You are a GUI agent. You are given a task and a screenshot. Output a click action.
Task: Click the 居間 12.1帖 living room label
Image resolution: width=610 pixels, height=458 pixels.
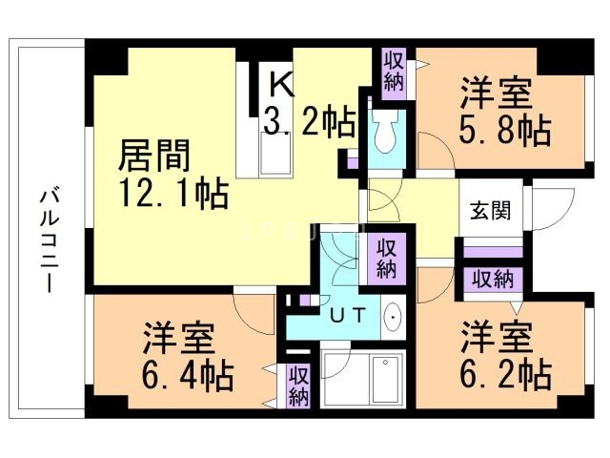click(173, 174)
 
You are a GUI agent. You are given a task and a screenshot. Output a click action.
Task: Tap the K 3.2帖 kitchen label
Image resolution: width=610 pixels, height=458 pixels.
click(310, 104)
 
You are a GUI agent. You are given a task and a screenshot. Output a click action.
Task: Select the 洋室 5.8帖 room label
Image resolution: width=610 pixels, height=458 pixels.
click(505, 112)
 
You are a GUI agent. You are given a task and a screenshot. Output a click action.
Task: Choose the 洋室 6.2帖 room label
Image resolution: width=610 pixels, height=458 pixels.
click(505, 356)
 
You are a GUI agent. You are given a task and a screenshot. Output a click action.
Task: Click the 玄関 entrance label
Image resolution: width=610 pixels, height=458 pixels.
click(490, 211)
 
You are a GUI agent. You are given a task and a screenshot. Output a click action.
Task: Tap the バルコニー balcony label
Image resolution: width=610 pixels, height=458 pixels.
click(50, 241)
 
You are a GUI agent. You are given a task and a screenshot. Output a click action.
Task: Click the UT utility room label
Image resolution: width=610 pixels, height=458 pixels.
click(348, 315)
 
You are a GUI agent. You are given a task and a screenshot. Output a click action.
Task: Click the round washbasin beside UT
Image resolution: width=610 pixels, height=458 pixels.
click(394, 317)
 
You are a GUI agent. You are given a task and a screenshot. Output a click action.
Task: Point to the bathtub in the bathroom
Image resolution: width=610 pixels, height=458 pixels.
click(385, 379)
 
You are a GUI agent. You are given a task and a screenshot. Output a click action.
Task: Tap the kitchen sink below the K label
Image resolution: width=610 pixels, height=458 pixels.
click(275, 153)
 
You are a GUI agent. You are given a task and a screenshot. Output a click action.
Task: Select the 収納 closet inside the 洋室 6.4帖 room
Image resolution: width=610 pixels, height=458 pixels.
click(298, 386)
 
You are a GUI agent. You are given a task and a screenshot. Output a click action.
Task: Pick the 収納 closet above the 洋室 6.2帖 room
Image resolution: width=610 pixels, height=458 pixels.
click(493, 279)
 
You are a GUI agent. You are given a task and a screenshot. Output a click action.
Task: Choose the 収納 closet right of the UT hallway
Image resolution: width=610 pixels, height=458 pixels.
click(385, 259)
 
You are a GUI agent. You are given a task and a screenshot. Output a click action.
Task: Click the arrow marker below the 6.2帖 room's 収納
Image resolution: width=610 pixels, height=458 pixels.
click(516, 307)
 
